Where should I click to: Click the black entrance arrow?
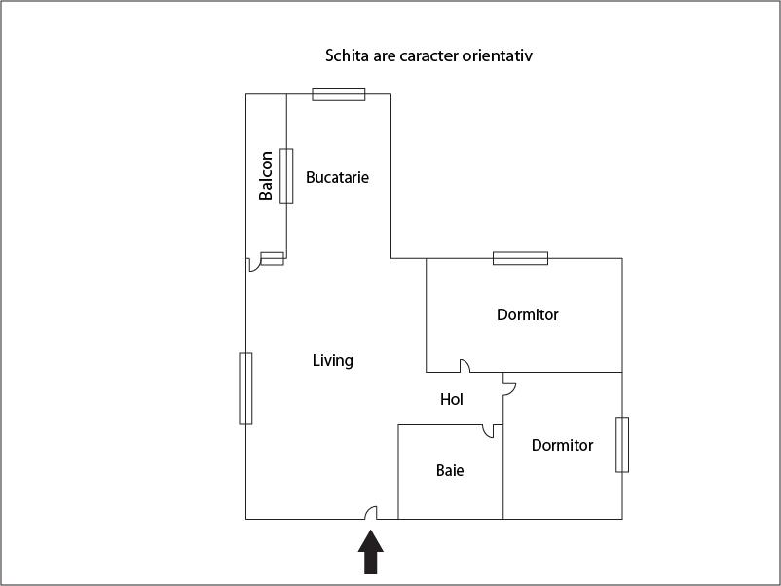coord(371,554)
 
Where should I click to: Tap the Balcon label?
coord(266,176)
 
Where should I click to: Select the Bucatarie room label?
coord(337,177)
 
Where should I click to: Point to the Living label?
coord(332,360)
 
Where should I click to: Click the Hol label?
coord(452,399)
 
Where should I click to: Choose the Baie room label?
coord(450,470)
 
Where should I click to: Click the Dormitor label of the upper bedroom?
coord(528,314)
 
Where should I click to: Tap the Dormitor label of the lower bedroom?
coord(562,445)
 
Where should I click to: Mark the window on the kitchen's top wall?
coord(339,94)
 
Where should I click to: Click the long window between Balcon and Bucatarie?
coord(286,176)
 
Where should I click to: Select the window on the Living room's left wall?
coord(245,388)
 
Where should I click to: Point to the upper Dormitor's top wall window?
coord(520,258)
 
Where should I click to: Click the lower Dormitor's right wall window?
coord(622,445)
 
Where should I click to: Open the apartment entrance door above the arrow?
coord(370,513)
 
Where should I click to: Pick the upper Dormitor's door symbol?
coord(465,367)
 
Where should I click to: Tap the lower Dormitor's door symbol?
coord(507,386)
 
